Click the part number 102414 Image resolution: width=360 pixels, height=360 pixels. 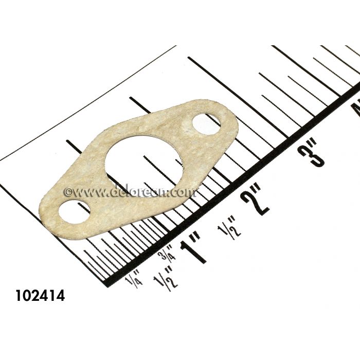click(x=41, y=297)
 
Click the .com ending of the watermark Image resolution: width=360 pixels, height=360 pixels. click(x=183, y=191)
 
